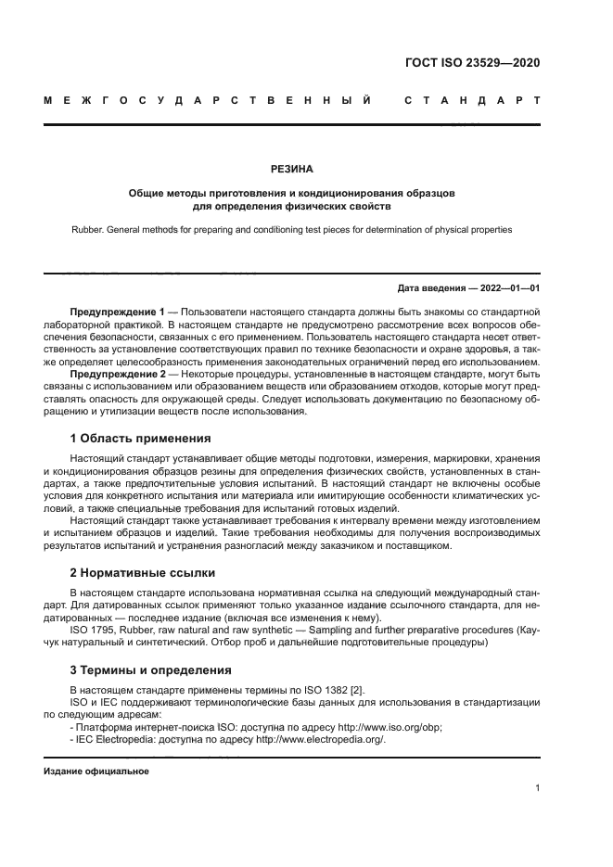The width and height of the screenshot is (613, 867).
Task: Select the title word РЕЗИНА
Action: pos(292,170)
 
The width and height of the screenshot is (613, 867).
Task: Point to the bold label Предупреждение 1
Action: pos(117,311)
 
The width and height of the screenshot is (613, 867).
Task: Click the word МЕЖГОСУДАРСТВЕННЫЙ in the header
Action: pos(209,99)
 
